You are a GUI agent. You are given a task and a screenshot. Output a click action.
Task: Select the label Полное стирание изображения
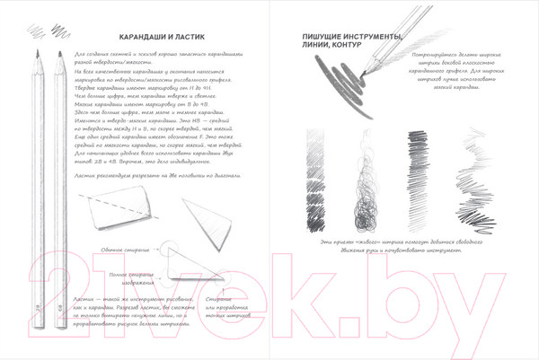[x=132, y=272]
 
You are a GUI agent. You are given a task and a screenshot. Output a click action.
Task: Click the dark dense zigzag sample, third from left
[x=418, y=180]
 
